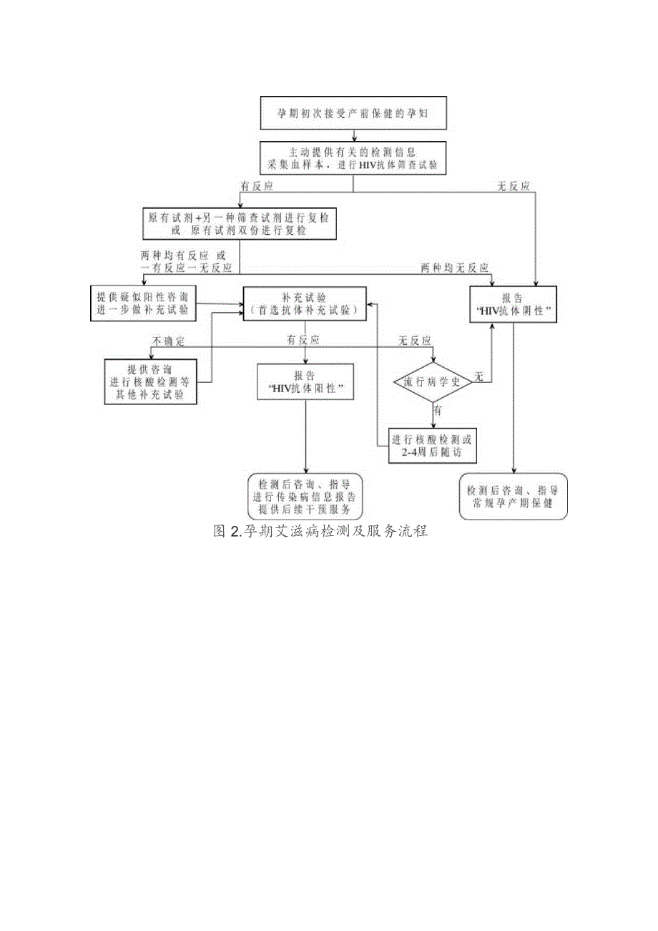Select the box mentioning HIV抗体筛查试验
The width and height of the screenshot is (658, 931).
click(x=353, y=158)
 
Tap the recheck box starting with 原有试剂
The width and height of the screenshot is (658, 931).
click(x=239, y=223)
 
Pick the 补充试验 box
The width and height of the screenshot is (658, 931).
click(x=305, y=303)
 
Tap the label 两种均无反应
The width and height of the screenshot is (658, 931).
click(x=455, y=268)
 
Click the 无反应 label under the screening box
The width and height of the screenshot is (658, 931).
click(x=514, y=186)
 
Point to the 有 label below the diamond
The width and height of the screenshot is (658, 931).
click(x=438, y=410)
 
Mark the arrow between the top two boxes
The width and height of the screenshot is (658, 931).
click(x=353, y=134)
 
